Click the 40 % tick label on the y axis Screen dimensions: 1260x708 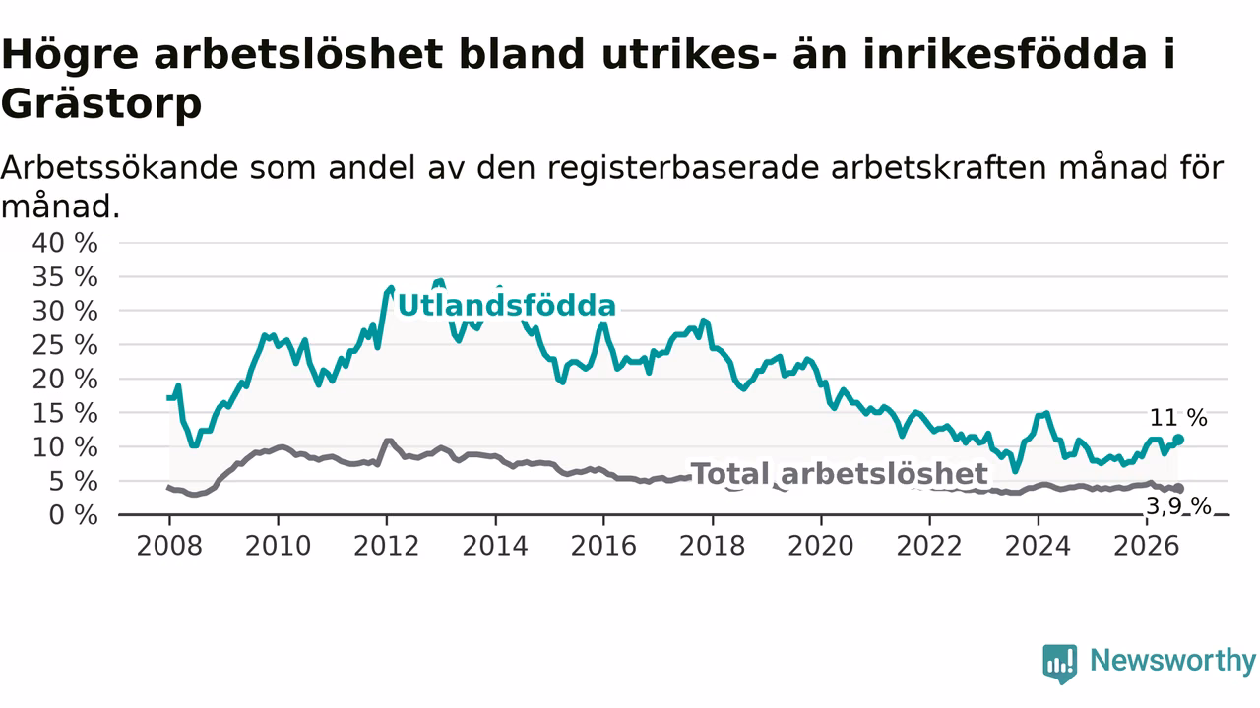coord(65,243)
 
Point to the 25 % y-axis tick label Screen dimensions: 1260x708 coord(65,345)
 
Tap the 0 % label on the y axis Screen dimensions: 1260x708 coord(73,515)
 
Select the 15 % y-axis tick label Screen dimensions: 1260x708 coord(65,414)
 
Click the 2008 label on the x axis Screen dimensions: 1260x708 coord(169,546)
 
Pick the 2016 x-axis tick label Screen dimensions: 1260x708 coord(603,546)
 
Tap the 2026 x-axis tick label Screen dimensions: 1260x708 coord(1147,546)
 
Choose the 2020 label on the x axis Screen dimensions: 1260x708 coord(821,546)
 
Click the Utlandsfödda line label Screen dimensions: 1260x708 coord(507,306)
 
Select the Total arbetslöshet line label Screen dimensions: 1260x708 coord(840,474)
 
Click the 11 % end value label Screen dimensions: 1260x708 coord(1178,418)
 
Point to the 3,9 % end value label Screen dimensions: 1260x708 coord(1178,506)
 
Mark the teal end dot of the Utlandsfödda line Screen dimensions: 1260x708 coord(1178,440)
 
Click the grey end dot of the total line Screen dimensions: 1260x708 coord(1178,489)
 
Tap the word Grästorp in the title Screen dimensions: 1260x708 coord(101,104)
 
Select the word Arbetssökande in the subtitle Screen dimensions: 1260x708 coord(119,168)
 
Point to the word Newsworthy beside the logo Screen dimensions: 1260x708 coord(1172,661)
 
